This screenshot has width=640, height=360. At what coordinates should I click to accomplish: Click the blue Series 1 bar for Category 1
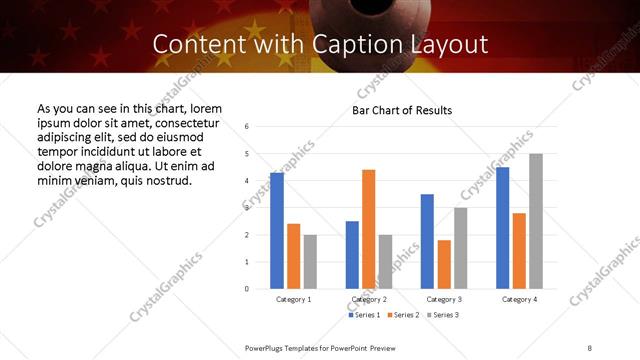click(277, 231)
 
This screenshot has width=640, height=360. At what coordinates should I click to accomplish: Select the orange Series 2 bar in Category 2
click(368, 229)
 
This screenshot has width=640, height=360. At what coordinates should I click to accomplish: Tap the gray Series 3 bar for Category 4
click(535, 221)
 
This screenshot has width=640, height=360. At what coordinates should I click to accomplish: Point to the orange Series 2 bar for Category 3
click(444, 264)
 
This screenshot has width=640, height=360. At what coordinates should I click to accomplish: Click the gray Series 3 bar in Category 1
click(310, 261)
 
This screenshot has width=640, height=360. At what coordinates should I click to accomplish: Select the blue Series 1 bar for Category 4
click(502, 228)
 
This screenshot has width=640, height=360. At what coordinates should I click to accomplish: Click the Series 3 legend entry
click(444, 315)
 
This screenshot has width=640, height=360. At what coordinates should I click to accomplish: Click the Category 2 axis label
click(368, 299)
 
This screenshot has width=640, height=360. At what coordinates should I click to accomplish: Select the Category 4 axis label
click(519, 299)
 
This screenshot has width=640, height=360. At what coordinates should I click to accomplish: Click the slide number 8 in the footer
click(589, 346)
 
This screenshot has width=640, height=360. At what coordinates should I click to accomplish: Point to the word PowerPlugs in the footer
click(268, 346)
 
